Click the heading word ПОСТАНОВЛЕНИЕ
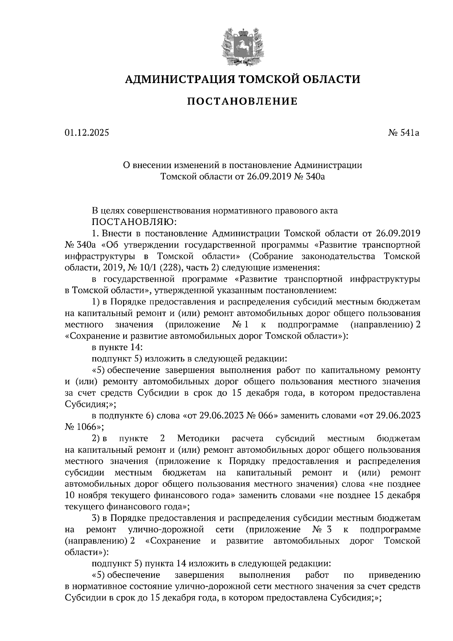242,101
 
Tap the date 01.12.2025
86,133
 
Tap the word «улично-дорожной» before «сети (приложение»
166,529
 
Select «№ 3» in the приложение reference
322,529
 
